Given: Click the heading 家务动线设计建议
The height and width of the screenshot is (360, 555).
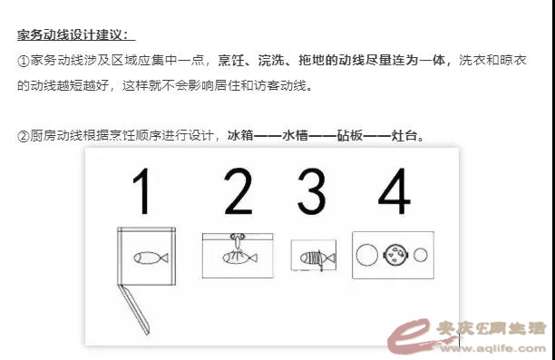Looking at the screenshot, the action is coord(73,35).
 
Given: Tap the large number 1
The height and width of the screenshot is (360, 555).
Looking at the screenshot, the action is coord(142,191).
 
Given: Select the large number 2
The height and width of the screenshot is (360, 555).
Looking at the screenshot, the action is coord(239,191).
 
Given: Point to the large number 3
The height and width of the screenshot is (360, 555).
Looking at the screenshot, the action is coord(311,191).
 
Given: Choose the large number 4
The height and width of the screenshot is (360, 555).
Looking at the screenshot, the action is coord(394,191).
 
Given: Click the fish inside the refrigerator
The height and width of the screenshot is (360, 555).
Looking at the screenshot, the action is coord(151,258).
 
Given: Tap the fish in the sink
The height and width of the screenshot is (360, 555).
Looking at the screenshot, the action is coord(239,258).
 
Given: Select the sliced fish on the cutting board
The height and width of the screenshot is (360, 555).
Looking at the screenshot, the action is coord(317,258).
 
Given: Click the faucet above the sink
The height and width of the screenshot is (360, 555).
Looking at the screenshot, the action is coord(238,240).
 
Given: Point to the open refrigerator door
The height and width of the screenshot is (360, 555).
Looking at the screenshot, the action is coord(134,309).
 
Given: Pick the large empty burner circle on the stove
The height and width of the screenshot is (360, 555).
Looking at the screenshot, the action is coord(367,255).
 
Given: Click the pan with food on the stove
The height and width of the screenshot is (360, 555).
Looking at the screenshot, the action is coord(395,255).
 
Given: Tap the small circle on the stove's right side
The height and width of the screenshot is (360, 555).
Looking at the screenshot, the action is coord(421,255).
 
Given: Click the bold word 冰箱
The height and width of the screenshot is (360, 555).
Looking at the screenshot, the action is coord(240,136).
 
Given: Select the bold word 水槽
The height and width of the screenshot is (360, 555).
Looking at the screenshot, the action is coord(296,136).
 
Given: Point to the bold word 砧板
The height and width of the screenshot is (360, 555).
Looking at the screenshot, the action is coord(350,136).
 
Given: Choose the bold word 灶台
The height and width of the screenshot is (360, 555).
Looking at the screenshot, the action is coord(404,136).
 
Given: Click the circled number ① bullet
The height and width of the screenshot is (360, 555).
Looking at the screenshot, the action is coord(24,61).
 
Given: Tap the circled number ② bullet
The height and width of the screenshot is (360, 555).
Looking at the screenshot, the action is coord(24,136).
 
